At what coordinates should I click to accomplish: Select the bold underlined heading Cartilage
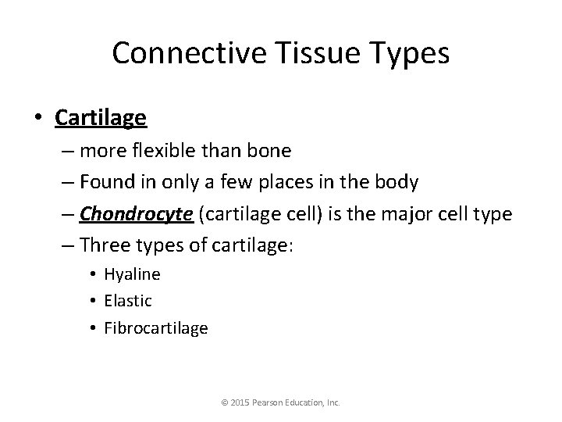[100, 117]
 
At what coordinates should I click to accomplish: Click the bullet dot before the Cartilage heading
[39, 118]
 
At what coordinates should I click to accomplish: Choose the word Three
[106, 245]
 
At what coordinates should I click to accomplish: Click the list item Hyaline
[132, 274]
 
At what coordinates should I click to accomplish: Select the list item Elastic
[128, 301]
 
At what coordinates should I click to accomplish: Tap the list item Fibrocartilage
[155, 327]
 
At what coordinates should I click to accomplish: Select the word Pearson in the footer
[271, 403]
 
